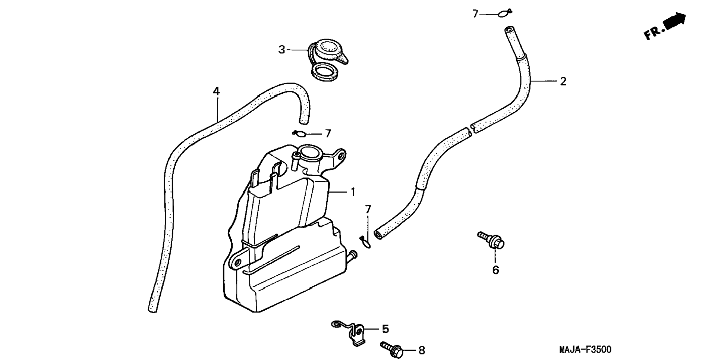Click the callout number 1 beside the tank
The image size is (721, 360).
pyautogui.click(x=353, y=192)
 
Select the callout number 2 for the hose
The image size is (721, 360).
pyautogui.click(x=563, y=81)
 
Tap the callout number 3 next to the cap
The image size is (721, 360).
pyautogui.click(x=282, y=49)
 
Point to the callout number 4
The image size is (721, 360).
pyautogui.click(x=216, y=91)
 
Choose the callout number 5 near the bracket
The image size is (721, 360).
pyautogui.click(x=385, y=329)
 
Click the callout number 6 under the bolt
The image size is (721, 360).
pyautogui.click(x=495, y=269)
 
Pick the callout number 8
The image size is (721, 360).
pyautogui.click(x=421, y=350)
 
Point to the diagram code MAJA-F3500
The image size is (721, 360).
pyautogui.click(x=585, y=350)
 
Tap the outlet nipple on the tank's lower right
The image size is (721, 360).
pyautogui.click(x=352, y=255)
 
